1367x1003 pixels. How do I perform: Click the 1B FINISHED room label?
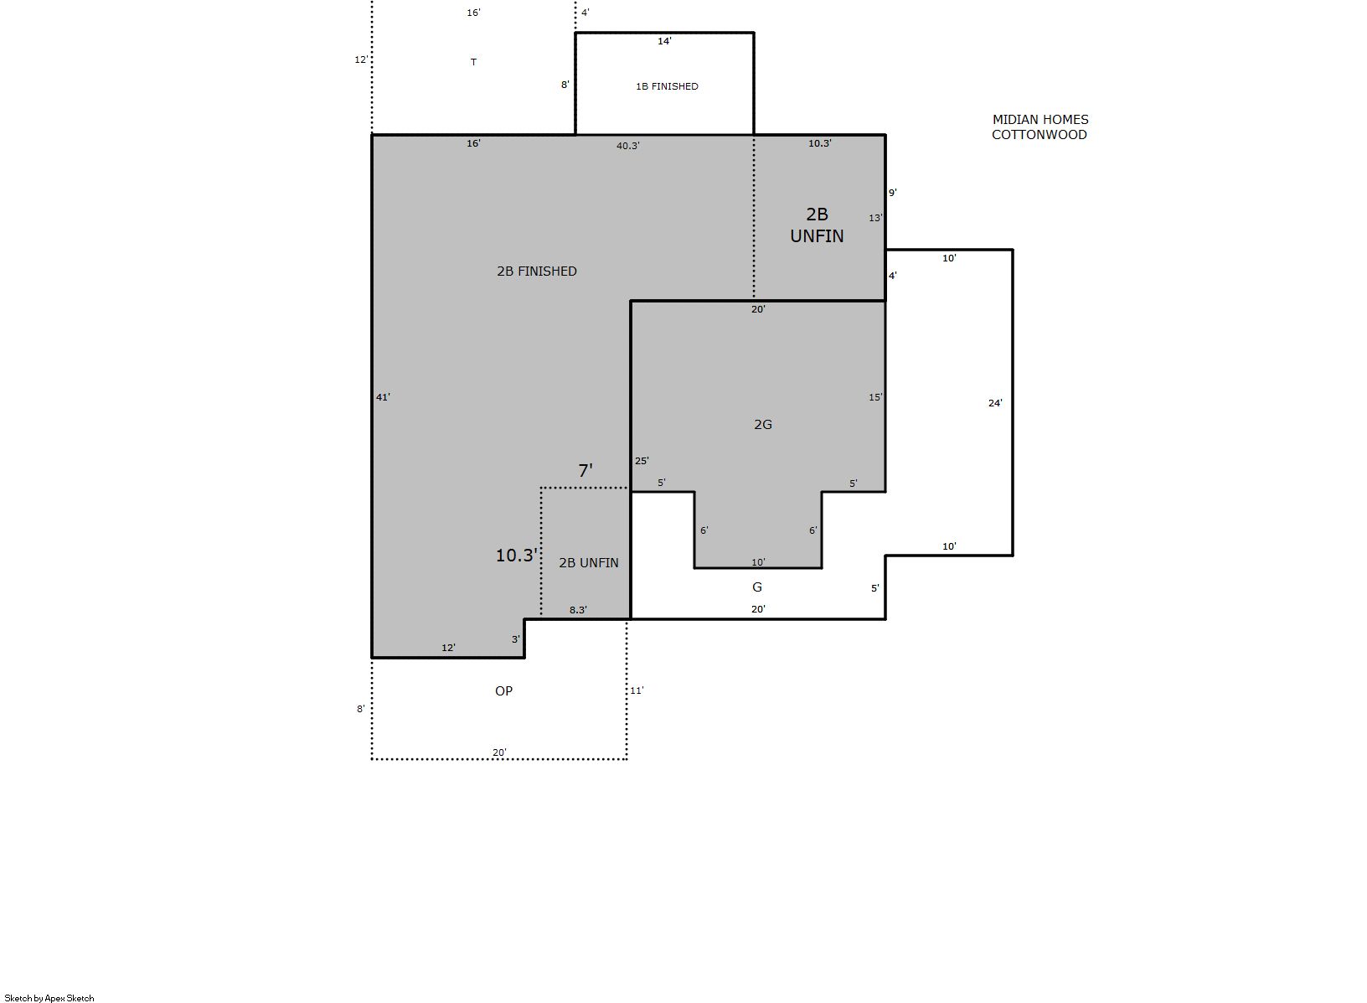667,86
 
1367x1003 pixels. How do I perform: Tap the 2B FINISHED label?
536,271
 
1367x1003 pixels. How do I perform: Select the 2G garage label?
763,424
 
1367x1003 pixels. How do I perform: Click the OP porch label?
503,691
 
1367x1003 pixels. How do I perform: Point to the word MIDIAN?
1014,120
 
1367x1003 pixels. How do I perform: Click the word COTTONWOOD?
1039,135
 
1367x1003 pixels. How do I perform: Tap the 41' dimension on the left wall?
383,397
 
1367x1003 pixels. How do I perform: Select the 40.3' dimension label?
628,146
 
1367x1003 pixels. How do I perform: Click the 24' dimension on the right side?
995,403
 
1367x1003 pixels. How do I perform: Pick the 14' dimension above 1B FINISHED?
664,42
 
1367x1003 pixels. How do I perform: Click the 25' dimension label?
642,461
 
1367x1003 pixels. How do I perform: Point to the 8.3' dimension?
578,610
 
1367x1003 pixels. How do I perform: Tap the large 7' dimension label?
585,471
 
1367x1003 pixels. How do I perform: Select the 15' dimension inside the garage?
875,397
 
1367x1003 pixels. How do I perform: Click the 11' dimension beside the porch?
637,690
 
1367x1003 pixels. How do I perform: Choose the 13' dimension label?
875,218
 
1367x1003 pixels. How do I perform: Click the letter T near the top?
473,62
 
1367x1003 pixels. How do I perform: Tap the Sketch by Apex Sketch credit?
49,998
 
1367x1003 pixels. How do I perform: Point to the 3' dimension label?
516,639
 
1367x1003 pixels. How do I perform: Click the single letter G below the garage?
756,587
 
